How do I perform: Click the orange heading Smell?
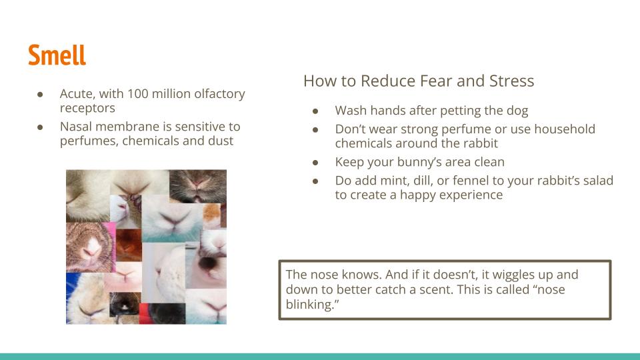[x=57, y=55]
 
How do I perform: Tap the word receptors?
[x=87, y=108]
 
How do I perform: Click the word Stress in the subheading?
[x=512, y=81]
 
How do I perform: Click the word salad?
[x=598, y=181]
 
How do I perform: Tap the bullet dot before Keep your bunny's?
[x=315, y=163]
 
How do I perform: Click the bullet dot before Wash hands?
[x=315, y=111]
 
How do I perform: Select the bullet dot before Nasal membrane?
[x=40, y=127]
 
